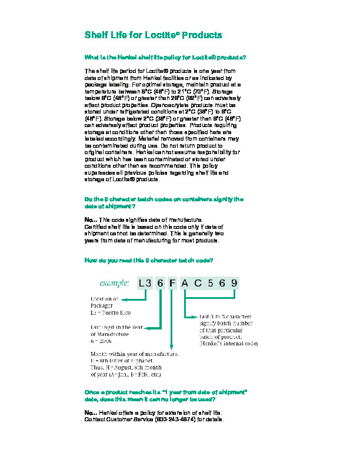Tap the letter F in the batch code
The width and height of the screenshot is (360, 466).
172,283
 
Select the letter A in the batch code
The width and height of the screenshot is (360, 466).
185,283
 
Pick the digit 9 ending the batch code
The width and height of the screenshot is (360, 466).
234,283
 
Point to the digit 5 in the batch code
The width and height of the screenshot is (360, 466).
210,283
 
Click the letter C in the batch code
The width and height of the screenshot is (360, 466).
198,283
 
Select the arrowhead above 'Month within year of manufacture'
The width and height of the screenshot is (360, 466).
172,348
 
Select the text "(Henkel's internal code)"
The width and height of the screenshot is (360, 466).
228,343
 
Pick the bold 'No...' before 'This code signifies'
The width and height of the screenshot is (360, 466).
91,219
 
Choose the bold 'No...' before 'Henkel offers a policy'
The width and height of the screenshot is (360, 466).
91,413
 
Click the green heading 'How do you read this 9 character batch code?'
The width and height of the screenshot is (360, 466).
149,259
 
